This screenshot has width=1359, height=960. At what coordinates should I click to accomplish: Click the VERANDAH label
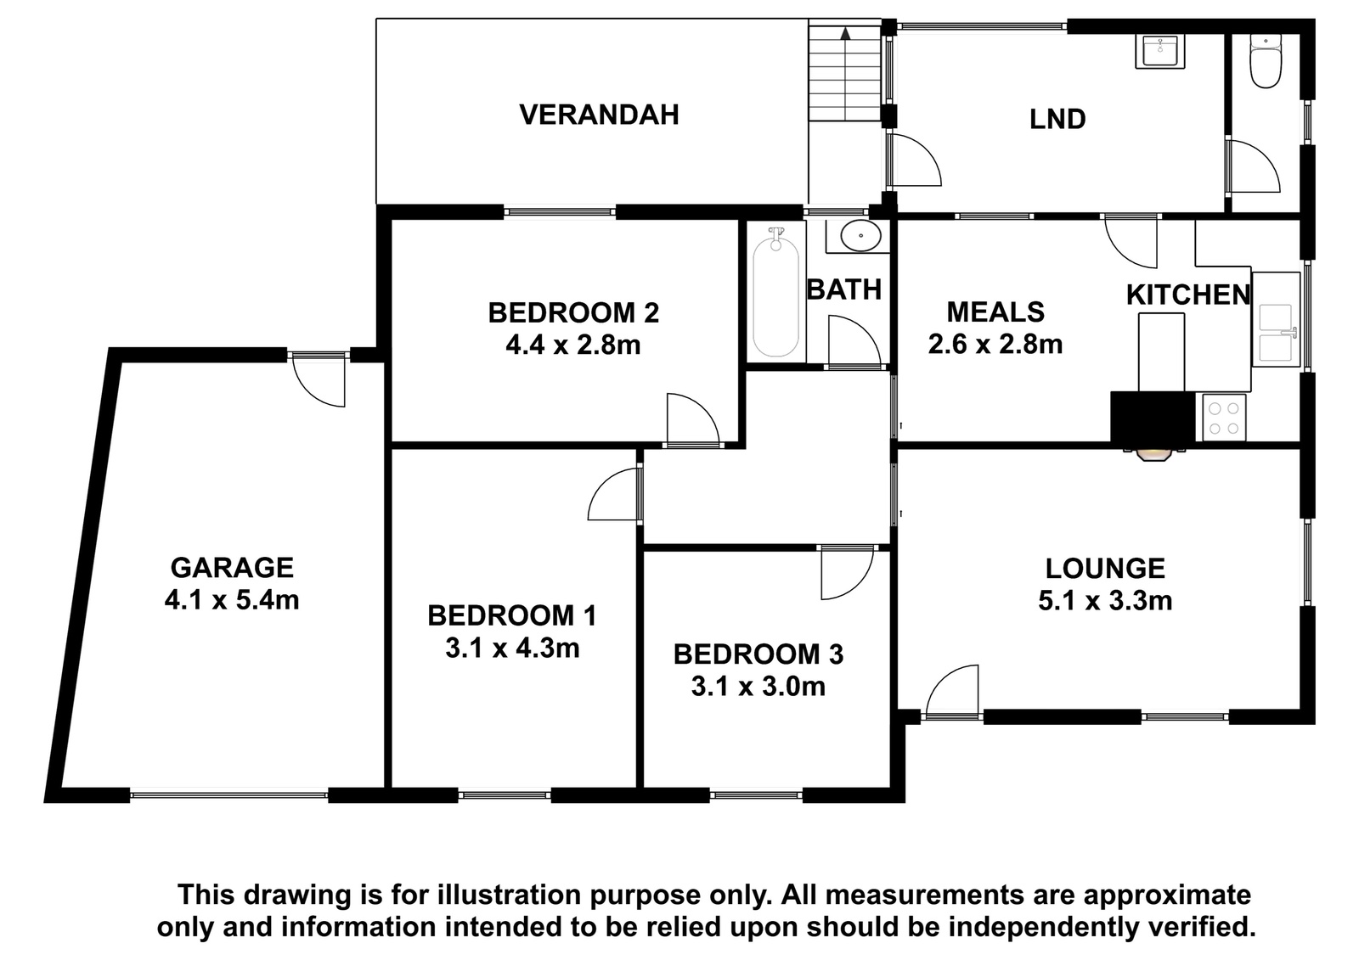(x=599, y=115)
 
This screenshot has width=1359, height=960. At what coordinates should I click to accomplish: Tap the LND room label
(x=1057, y=120)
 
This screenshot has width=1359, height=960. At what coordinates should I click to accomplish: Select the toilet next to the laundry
(x=1266, y=61)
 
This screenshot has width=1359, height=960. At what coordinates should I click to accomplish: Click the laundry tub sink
(x=1159, y=52)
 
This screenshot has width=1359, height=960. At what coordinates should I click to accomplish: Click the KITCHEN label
(x=1188, y=295)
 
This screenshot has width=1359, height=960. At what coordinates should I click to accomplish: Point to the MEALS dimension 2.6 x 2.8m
(x=995, y=345)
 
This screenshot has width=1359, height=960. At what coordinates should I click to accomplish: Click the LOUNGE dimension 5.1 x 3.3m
(x=1105, y=601)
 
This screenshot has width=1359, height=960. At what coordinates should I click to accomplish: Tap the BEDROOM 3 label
(x=758, y=654)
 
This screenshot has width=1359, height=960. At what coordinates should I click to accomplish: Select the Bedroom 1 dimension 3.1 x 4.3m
(x=513, y=648)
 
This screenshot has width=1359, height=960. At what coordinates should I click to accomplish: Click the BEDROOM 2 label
(x=573, y=313)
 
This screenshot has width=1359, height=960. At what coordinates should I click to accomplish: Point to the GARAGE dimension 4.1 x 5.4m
(x=232, y=600)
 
